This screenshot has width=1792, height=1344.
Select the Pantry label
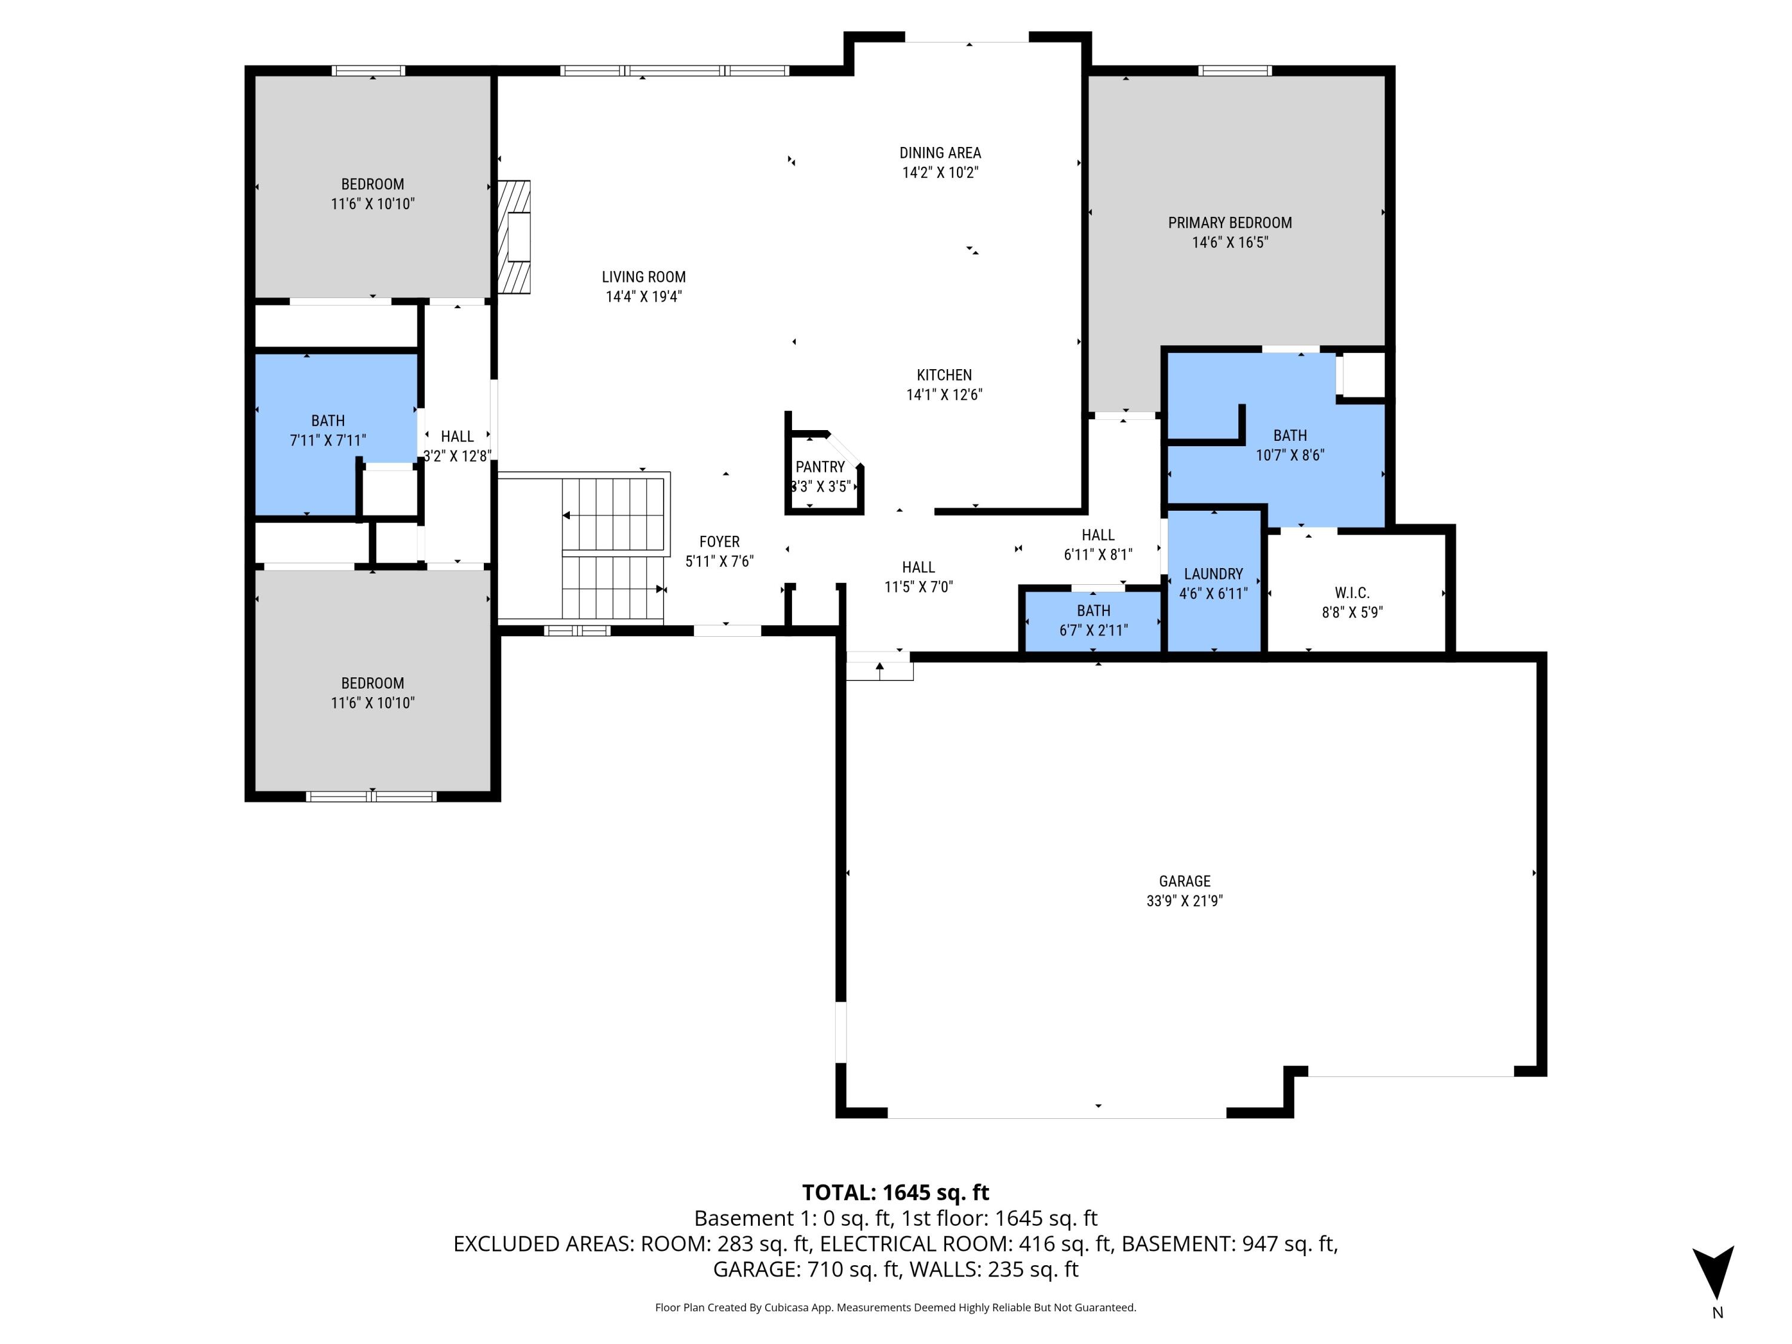click(820, 467)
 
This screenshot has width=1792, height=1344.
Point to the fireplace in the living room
click(514, 236)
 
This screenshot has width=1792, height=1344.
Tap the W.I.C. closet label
click(1351, 593)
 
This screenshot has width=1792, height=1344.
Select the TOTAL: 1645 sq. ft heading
click(895, 1192)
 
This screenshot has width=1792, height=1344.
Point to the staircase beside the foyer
click(613, 551)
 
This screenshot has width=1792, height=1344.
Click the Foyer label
click(719, 542)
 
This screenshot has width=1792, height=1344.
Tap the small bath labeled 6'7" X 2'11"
click(1093, 621)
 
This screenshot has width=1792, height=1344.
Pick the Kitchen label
click(944, 375)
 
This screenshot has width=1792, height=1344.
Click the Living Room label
click(643, 277)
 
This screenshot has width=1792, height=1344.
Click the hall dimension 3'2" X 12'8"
click(457, 456)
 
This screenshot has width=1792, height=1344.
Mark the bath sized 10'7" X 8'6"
click(1289, 446)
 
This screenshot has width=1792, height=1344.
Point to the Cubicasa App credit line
click(895, 1308)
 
